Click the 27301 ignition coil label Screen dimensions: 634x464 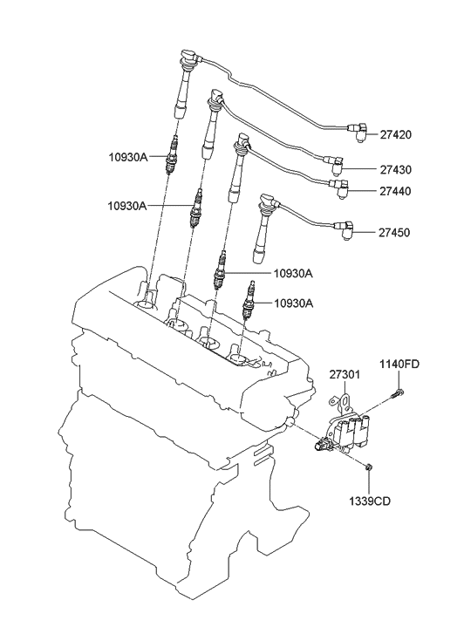345,375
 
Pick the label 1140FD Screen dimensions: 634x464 398,364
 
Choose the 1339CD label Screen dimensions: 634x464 369,503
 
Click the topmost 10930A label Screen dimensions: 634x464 128,158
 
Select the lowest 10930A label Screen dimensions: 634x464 293,303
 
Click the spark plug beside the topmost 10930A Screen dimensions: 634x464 173,156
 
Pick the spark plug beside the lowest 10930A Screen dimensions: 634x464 251,301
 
